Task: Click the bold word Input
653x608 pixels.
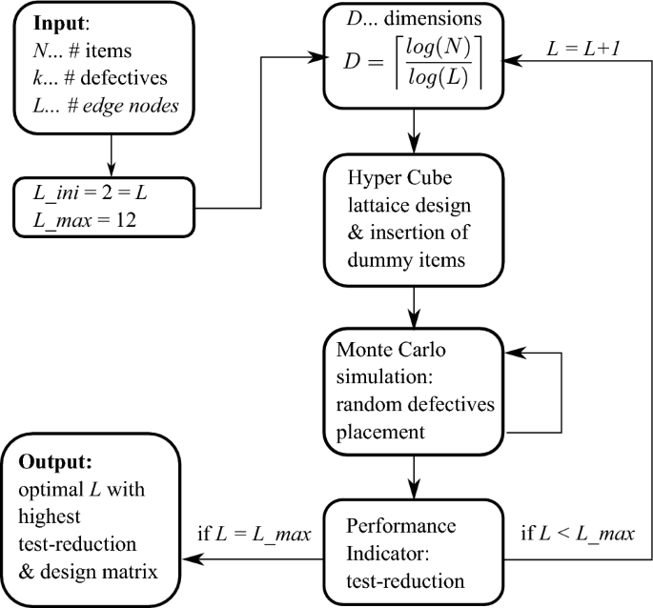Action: (58, 22)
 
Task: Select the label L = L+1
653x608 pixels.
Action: (579, 45)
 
